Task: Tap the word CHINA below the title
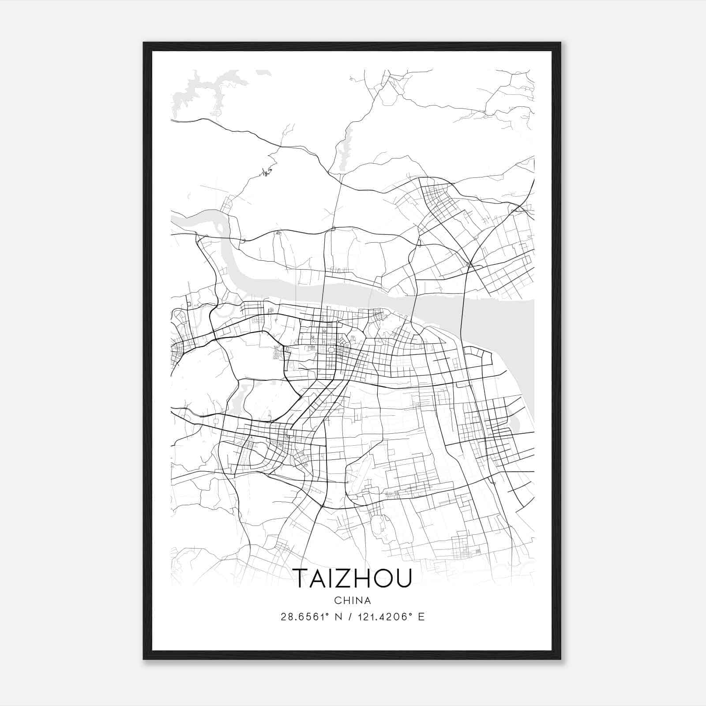[353, 601]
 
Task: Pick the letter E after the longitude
[421, 617]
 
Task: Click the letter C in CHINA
[338, 601]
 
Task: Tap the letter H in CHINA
[345, 601]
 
